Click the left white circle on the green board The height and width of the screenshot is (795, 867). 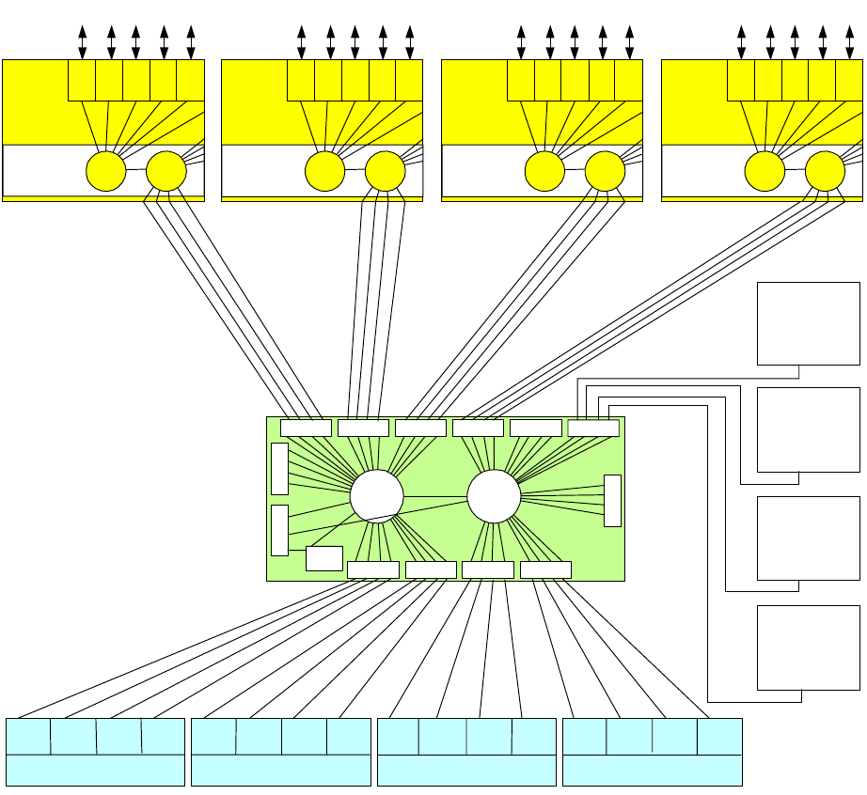(x=376, y=495)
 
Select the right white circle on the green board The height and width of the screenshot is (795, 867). (x=494, y=495)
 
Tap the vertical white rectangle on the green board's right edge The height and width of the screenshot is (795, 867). (x=612, y=501)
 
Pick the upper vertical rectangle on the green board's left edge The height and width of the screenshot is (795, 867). (x=279, y=469)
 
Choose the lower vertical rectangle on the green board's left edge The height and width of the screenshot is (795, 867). (x=279, y=530)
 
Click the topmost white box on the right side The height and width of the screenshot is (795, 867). (x=809, y=323)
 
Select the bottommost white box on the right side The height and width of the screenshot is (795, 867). (x=809, y=647)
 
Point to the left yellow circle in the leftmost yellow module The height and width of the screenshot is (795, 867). (x=105, y=171)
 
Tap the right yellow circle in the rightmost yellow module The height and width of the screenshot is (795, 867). (x=825, y=171)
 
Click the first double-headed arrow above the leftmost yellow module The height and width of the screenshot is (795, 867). (x=83, y=42)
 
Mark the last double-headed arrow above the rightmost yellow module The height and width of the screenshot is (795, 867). (x=849, y=42)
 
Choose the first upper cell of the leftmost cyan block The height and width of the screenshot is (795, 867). (x=28, y=736)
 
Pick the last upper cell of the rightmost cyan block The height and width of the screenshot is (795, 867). (x=719, y=736)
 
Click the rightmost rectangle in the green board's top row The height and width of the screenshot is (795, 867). (x=593, y=429)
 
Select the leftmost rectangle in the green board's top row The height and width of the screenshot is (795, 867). (x=306, y=429)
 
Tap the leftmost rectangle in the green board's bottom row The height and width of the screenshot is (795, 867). (x=372, y=569)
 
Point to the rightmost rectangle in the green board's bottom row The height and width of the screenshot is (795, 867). (x=545, y=569)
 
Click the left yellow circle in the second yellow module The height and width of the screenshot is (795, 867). (x=325, y=171)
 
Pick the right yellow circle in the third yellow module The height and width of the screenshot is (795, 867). (x=605, y=171)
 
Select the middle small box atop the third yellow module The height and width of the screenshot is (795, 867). (x=575, y=80)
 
